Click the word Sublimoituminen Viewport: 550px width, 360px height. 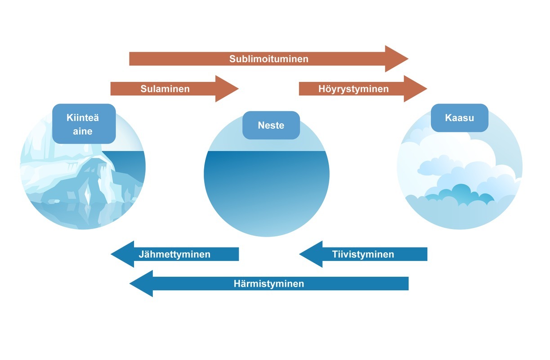268,59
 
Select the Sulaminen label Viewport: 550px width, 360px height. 165,89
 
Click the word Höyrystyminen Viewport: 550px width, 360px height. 353,89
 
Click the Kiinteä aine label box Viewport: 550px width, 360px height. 84,124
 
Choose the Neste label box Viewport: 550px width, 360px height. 271,125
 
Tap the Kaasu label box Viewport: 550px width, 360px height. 460,118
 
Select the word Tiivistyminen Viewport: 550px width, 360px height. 363,254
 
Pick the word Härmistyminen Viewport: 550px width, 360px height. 268,283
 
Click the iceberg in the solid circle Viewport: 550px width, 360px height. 67,175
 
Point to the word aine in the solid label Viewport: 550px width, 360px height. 83,131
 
